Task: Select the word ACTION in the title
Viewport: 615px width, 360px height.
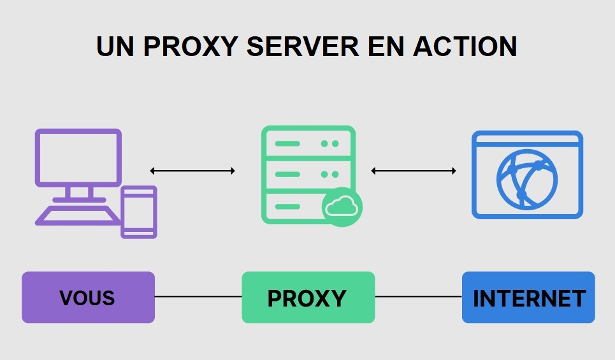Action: pos(465,46)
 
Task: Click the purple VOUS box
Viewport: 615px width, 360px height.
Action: pos(88,298)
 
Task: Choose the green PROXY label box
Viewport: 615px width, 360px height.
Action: pos(308,298)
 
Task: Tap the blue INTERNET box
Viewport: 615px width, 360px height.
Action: pos(528,298)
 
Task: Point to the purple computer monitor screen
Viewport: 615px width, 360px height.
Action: pos(78,157)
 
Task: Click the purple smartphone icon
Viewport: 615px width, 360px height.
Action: pos(139,212)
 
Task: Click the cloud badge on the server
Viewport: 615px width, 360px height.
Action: pos(342,206)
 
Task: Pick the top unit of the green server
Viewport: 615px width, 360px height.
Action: pos(308,143)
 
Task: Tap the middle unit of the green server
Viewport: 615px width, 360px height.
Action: pos(308,174)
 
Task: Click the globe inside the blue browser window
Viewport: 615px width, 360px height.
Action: pos(527,180)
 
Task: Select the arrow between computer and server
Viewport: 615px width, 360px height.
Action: pos(192,171)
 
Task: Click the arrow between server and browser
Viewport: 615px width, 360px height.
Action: pos(414,171)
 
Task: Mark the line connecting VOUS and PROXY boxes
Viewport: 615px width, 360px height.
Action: pos(198,297)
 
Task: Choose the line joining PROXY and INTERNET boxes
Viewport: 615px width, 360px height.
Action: pos(418,297)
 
